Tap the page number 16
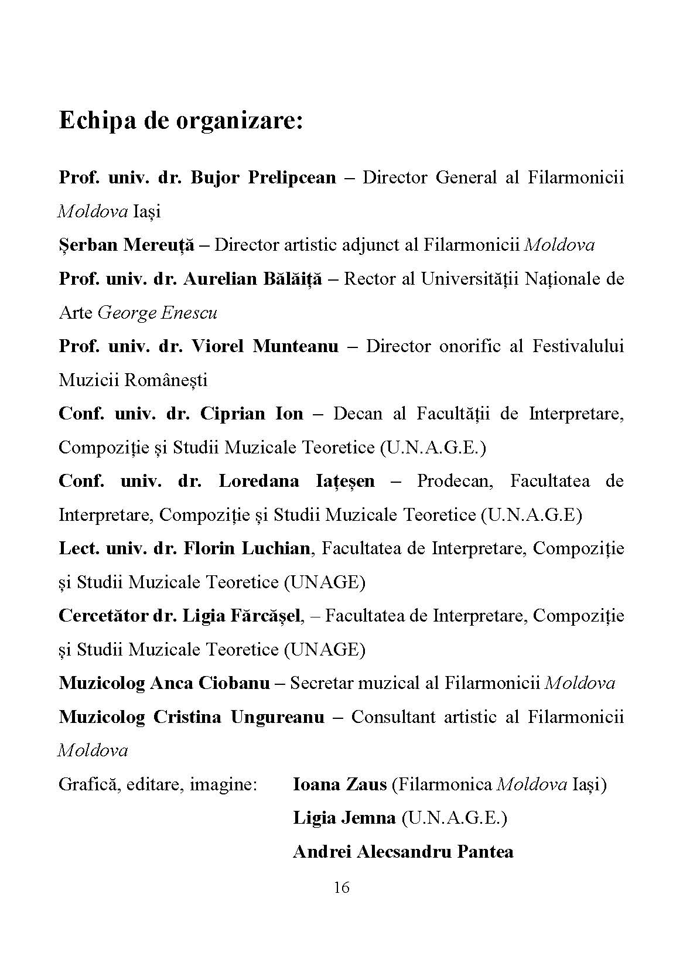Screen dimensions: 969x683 [342, 888]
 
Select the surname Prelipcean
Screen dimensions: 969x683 [292, 178]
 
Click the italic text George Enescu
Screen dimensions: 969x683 [157, 313]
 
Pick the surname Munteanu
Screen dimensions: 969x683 [295, 346]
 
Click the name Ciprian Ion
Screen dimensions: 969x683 [252, 414]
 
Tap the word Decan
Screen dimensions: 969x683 [357, 414]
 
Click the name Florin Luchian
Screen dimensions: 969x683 [247, 548]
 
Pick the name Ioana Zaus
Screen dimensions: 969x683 [340, 784]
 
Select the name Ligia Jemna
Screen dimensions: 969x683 [344, 818]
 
